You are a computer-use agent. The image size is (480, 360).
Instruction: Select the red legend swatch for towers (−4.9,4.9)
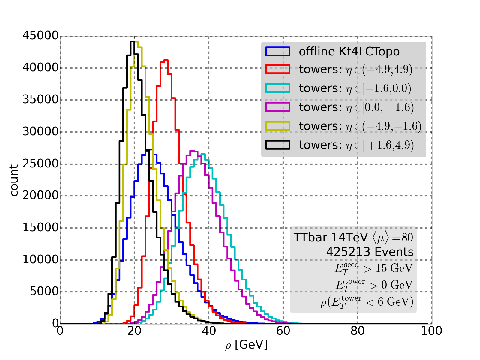(278, 69)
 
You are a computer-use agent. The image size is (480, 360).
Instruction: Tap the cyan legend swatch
(278, 88)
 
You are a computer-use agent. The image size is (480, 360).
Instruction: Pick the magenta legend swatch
(278, 107)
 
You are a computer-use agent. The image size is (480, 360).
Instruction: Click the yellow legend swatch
(278, 126)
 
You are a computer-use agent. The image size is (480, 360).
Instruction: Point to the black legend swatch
(278, 145)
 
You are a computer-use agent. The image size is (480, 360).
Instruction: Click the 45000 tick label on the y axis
(40, 36)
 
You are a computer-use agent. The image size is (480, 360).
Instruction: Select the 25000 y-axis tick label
(40, 164)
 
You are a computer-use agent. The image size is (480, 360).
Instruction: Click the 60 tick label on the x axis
(283, 331)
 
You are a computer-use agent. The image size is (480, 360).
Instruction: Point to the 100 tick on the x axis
(431, 331)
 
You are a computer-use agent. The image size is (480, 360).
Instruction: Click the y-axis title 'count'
(14, 180)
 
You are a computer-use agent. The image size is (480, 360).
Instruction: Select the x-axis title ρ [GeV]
(246, 345)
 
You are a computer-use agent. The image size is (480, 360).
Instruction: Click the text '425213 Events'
(370, 252)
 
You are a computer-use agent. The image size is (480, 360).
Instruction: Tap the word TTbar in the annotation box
(310, 237)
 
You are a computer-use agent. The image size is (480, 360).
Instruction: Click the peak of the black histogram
(132, 41)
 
